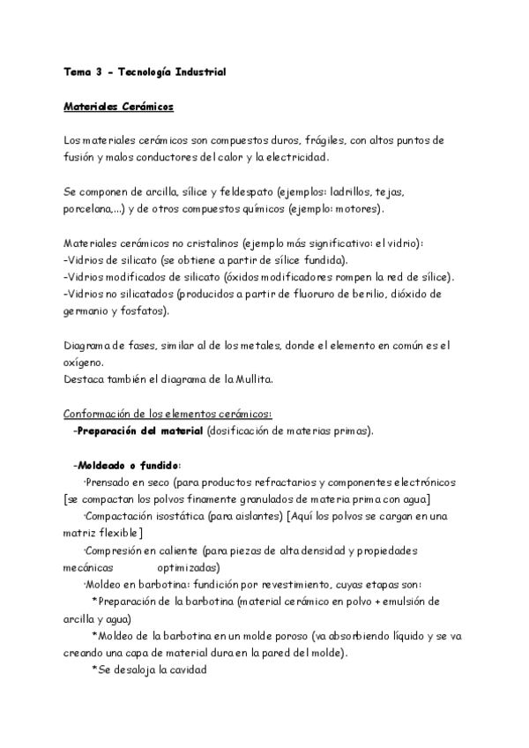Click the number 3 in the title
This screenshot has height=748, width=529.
99,72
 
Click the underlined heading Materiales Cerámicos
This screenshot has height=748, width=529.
118,107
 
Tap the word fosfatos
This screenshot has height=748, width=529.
145,310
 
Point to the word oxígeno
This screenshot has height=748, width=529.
83,362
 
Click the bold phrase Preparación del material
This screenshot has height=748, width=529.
140,431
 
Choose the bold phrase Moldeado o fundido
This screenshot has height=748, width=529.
129,465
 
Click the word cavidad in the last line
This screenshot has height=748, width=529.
182,669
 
